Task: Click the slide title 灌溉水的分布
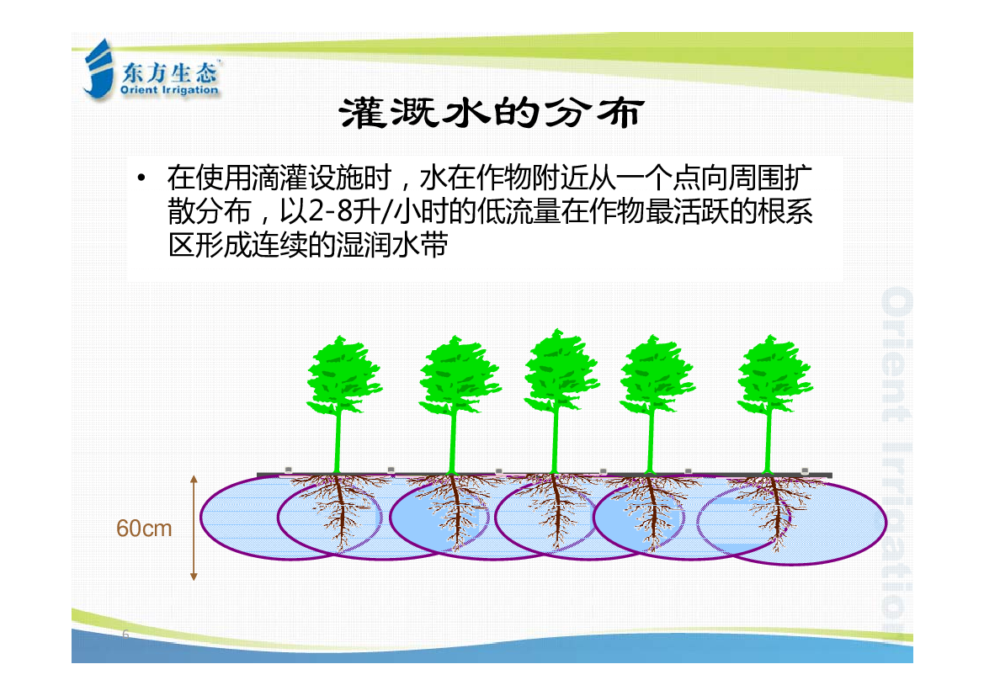point(492,113)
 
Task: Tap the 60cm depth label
point(144,529)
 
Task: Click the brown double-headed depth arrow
point(194,528)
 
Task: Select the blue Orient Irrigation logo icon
point(98,69)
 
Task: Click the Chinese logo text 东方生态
point(169,73)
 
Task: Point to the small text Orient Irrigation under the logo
point(169,90)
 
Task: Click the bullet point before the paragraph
point(141,178)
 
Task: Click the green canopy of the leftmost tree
point(343,375)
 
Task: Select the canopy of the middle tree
point(561,370)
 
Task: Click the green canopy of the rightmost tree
point(774,374)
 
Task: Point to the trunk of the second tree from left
point(453,443)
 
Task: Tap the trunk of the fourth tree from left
point(652,442)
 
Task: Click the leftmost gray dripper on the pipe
point(288,470)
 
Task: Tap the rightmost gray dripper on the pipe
point(805,470)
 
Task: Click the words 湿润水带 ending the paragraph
point(391,244)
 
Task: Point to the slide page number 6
point(125,634)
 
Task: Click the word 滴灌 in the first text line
point(279,178)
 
